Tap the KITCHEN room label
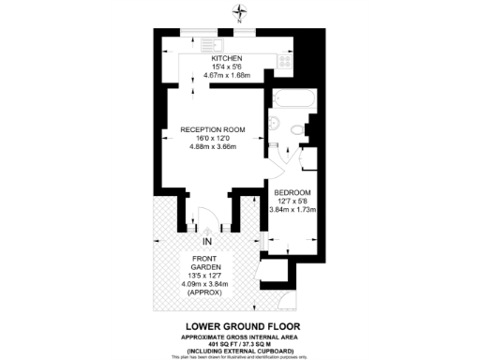click(226, 58)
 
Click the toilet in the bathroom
click(306, 131)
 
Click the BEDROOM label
click(292, 191)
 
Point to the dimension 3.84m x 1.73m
click(292, 210)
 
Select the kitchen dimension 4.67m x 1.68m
click(226, 74)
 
